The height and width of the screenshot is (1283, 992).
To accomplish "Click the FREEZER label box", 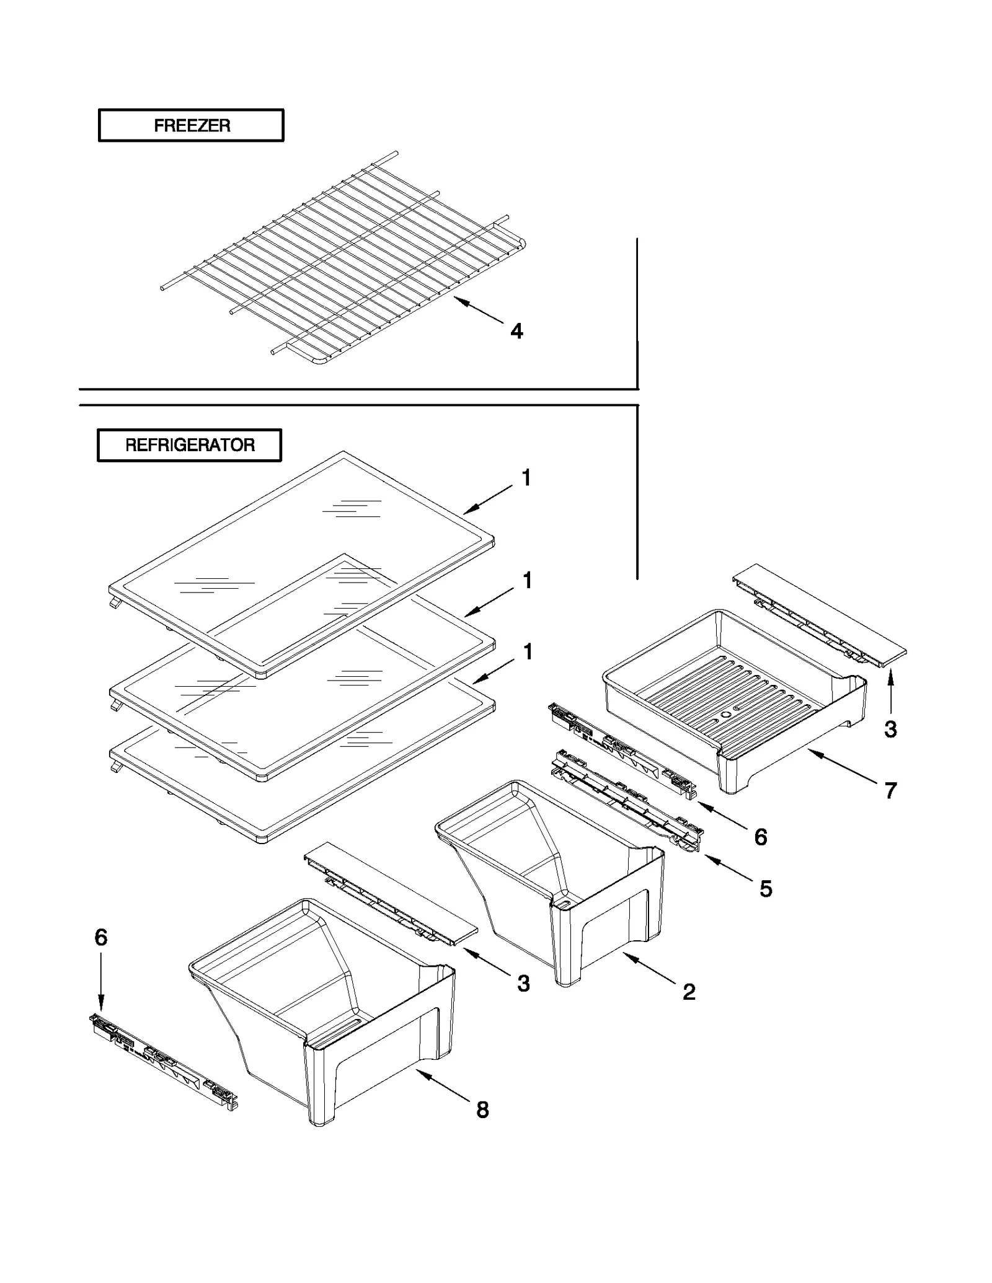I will click(x=191, y=125).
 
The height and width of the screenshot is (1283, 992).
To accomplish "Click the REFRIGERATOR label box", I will click(x=189, y=445).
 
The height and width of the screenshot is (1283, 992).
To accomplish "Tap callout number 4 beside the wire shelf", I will click(x=516, y=332).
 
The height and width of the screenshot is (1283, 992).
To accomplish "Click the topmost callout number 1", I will click(x=526, y=478).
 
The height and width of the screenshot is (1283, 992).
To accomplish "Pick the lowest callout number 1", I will click(x=528, y=651).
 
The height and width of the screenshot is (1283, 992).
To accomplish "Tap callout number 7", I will click(x=890, y=790).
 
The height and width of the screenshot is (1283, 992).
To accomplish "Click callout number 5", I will click(x=766, y=889).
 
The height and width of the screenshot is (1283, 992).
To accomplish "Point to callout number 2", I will click(x=689, y=992).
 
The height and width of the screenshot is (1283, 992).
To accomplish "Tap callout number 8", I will click(x=482, y=1109).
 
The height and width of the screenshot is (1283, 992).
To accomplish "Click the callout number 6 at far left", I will click(x=101, y=937).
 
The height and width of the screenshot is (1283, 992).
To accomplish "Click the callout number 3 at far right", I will click(x=890, y=729).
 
